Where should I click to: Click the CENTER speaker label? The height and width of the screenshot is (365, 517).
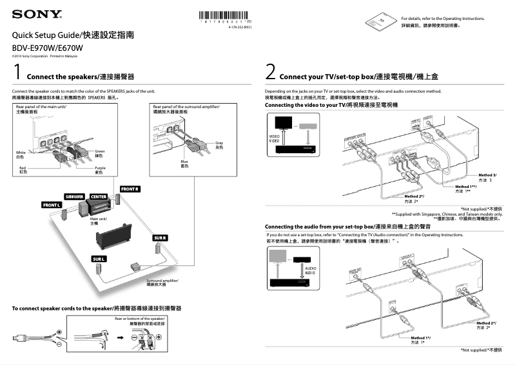[x=98, y=196]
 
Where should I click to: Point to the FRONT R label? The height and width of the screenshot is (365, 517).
[x=130, y=189]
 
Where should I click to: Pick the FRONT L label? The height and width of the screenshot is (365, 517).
[x=52, y=205]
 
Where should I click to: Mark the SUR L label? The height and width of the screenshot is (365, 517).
[x=99, y=259]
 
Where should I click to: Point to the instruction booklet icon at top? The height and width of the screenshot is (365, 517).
[x=378, y=19]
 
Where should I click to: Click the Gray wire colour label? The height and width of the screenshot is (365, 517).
[x=219, y=144]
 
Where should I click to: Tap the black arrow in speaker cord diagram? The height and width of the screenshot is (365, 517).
[x=120, y=337]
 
